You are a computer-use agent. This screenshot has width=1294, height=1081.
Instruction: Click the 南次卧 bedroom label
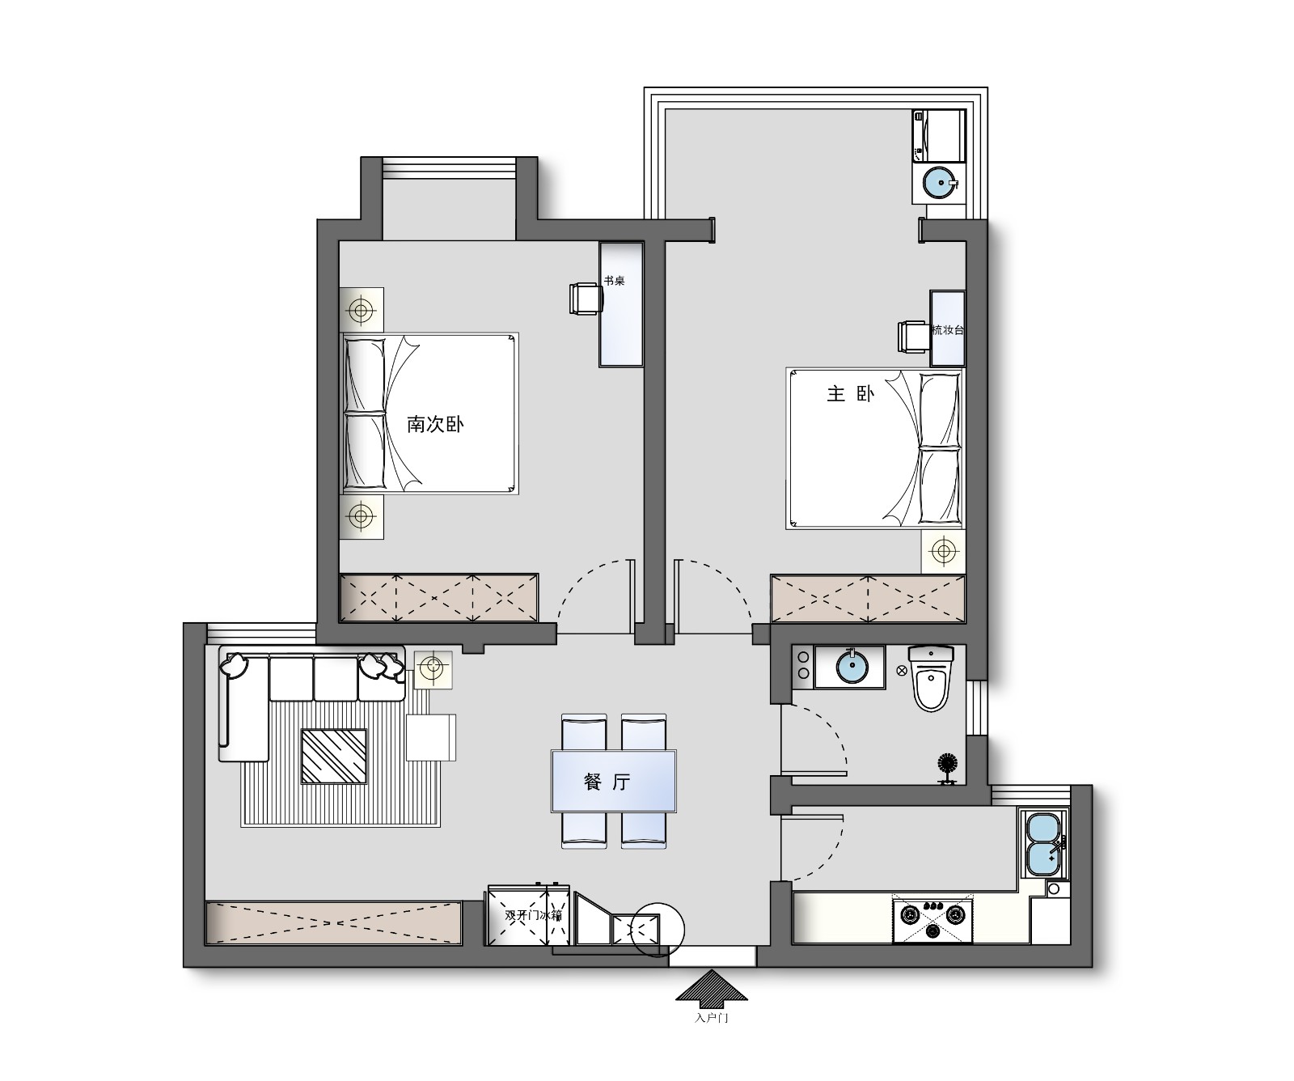pyautogui.click(x=435, y=424)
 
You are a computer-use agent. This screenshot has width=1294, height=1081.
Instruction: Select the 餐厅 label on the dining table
pyautogui.click(x=607, y=782)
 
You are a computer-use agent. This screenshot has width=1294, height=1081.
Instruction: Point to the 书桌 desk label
pyautogui.click(x=614, y=282)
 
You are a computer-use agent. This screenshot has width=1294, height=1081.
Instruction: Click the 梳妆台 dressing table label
pyautogui.click(x=948, y=330)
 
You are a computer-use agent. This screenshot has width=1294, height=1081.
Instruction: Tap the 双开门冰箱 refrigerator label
pyautogui.click(x=533, y=916)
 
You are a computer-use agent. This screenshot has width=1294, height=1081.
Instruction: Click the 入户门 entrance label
pyautogui.click(x=712, y=1018)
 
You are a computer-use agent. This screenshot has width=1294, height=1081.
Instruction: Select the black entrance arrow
pyautogui.click(x=713, y=988)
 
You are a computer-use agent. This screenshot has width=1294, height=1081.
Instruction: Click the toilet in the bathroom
pyautogui.click(x=931, y=678)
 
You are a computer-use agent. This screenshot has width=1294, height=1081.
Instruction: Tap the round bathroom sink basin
pyautogui.click(x=851, y=667)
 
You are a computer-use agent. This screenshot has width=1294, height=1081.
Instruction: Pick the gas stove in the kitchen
pyautogui.click(x=932, y=918)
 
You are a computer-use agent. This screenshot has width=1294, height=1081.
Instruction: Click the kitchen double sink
pyautogui.click(x=1044, y=843)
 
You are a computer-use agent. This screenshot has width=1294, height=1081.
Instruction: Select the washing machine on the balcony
pyautogui.click(x=939, y=136)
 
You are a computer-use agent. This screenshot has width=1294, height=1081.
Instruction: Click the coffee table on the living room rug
pyautogui.click(x=333, y=757)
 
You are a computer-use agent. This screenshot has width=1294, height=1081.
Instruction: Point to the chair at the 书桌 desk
pyautogui.click(x=586, y=298)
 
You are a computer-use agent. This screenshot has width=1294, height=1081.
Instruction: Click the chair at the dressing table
pyautogui.click(x=913, y=337)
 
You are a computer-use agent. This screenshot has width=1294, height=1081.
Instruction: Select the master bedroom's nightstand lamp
pyautogui.click(x=942, y=552)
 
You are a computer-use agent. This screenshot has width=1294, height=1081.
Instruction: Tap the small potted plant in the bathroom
pyautogui.click(x=946, y=768)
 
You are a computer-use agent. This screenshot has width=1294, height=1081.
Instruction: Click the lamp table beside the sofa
pyautogui.click(x=433, y=668)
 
